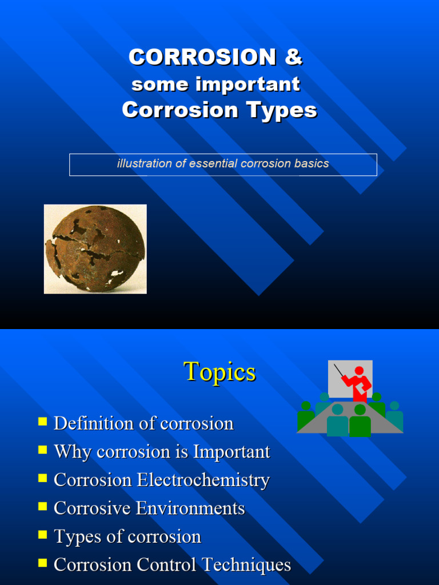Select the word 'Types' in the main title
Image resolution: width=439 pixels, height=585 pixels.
(x=281, y=110)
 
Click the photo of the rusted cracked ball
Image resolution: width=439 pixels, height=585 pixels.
(x=95, y=249)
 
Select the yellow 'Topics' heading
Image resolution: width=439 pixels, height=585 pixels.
(x=219, y=372)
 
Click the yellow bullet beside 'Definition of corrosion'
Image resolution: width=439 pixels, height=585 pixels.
(x=43, y=422)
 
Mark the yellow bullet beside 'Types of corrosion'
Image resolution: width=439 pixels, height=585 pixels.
(x=43, y=535)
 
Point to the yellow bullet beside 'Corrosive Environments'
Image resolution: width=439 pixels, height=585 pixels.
(x=43, y=506)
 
